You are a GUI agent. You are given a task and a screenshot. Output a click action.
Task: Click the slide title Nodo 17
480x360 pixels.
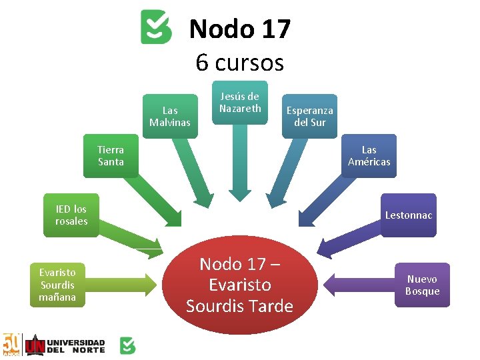pyautogui.click(x=240, y=29)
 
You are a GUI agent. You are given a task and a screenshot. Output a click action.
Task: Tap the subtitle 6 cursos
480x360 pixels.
pyautogui.click(x=240, y=63)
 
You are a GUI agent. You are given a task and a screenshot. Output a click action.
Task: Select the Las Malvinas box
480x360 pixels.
pyautogui.click(x=170, y=116)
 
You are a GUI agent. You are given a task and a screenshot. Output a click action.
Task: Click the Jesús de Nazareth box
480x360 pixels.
pyautogui.click(x=240, y=102)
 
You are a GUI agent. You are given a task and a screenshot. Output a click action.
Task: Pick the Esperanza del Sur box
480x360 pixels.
pyautogui.click(x=309, y=116)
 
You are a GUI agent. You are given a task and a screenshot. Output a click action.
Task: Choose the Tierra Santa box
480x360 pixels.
pyautogui.click(x=111, y=156)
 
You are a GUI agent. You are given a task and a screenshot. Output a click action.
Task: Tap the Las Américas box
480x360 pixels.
pyautogui.click(x=369, y=156)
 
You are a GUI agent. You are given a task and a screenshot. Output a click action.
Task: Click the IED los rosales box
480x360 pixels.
pyautogui.click(x=71, y=215)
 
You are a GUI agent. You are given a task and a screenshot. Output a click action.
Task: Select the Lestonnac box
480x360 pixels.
pyautogui.click(x=408, y=215)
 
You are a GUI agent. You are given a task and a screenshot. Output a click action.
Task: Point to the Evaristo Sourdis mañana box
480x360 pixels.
pyautogui.click(x=57, y=285)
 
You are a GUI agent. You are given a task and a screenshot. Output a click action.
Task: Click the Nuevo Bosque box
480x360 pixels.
pyautogui.click(x=422, y=285)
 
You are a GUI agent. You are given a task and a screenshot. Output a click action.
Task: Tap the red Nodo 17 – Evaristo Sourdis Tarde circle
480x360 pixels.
pyautogui.click(x=240, y=285)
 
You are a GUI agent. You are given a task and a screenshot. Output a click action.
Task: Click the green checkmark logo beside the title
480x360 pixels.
pyautogui.click(x=156, y=27)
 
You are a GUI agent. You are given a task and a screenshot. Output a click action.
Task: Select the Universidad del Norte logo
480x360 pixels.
pyautogui.click(x=65, y=345)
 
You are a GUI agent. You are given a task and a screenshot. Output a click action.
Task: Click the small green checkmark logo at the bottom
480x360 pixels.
pyautogui.click(x=127, y=345)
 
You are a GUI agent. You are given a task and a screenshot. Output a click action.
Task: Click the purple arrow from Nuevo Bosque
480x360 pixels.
pyautogui.click(x=360, y=285)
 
